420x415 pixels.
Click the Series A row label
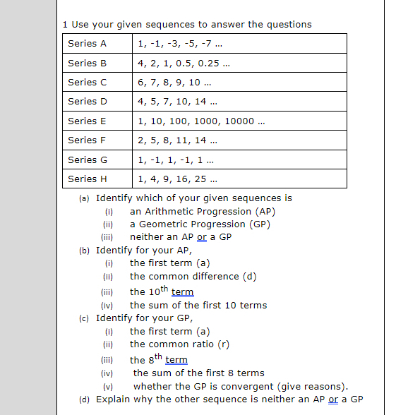[x=88, y=44]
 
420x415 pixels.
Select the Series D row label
[x=88, y=102]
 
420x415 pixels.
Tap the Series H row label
[x=88, y=179]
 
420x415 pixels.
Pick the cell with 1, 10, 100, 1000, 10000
[x=201, y=121]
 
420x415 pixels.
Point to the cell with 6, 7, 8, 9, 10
[x=177, y=82]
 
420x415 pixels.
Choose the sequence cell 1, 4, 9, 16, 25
[x=177, y=179]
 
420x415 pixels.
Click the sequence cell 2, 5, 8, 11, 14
[x=177, y=140]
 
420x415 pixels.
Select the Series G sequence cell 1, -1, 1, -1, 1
[x=177, y=160]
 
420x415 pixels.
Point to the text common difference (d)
[x=193, y=276]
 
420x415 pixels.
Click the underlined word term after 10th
[x=182, y=291]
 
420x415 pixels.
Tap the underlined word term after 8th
[x=176, y=359]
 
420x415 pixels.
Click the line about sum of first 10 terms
[x=198, y=305]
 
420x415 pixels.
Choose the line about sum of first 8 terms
[x=198, y=372]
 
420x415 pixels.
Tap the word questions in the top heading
[x=288, y=24]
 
